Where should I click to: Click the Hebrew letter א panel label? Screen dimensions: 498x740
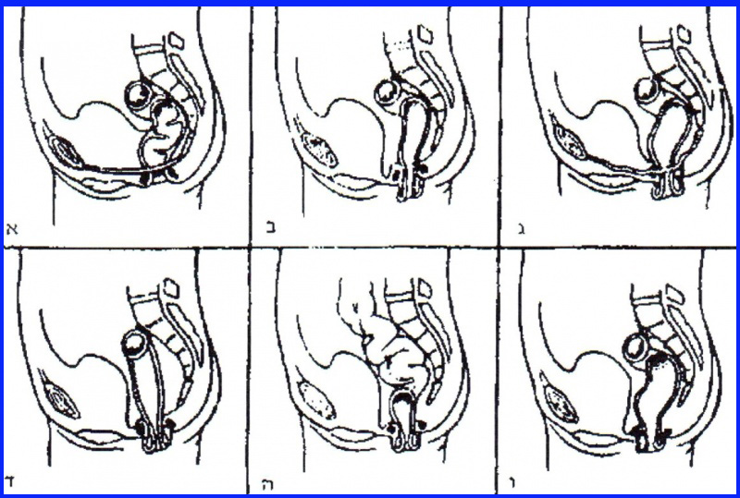pyautogui.click(x=12, y=227)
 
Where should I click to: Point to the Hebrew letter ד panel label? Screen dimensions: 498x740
pyautogui.click(x=12, y=480)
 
